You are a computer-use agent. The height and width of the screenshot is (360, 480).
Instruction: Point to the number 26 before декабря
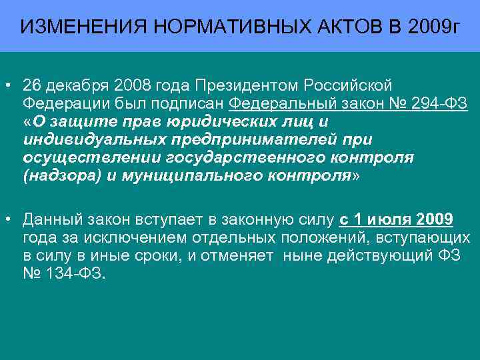click(31, 86)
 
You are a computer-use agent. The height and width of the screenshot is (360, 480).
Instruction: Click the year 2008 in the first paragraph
click(133, 86)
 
